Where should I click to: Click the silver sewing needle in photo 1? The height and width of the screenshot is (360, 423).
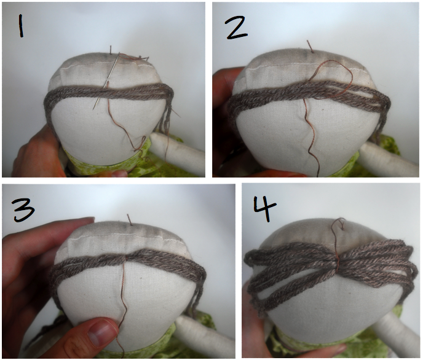(x=103, y=86)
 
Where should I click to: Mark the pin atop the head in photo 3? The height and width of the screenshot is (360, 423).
(x=128, y=219)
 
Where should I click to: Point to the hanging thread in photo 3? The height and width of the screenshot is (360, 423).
(x=124, y=307)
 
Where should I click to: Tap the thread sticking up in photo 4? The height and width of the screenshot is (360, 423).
(x=336, y=230)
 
